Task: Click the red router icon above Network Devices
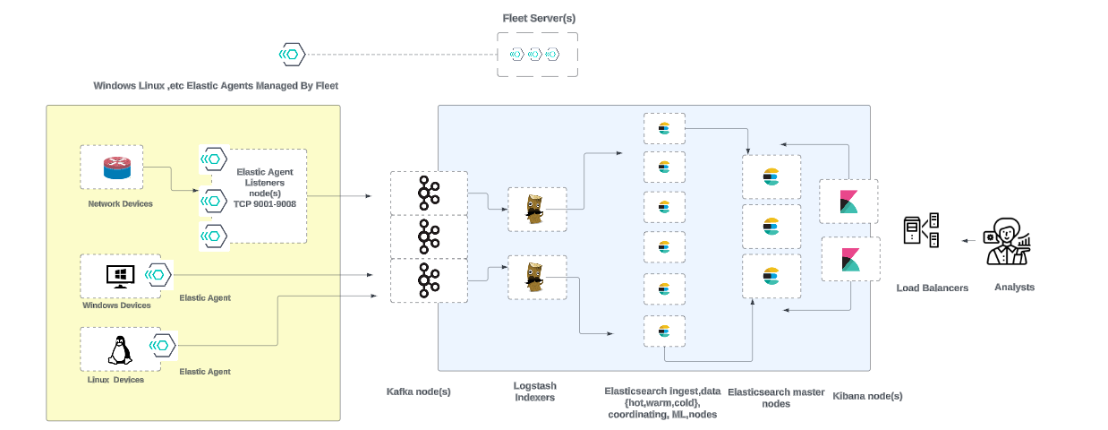(117, 168)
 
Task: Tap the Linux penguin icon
(119, 348)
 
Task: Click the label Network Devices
(120, 204)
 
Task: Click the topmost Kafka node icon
(428, 193)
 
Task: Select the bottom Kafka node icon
(428, 279)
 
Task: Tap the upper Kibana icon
(848, 202)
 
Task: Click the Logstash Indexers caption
(535, 391)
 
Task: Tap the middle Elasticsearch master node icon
(771, 225)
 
